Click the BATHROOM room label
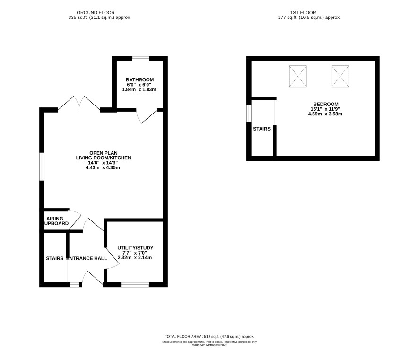[140, 79]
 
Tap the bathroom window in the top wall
[141, 59]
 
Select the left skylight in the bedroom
[297, 76]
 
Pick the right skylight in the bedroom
[340, 76]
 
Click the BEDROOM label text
[326, 104]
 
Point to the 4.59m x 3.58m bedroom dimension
[325, 114]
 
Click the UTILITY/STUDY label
[135, 248]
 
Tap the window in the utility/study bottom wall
[135, 285]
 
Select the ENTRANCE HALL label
[87, 258]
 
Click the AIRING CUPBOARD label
[56, 221]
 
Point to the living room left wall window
[42, 167]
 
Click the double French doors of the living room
[79, 104]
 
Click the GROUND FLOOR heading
[96, 13]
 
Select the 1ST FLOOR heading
[303, 13]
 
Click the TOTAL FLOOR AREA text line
[209, 337]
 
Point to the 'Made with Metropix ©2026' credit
[209, 345]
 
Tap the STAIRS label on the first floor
[262, 129]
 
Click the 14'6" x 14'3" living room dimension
[103, 163]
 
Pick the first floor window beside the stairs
[249, 113]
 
